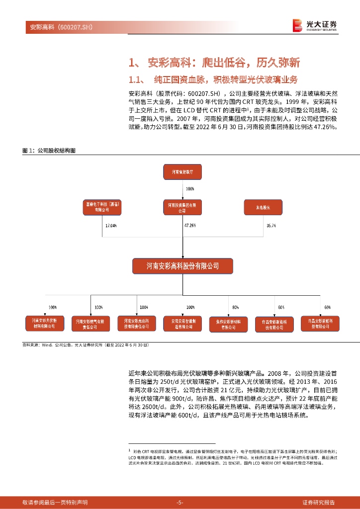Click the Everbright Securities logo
(x=315, y=25)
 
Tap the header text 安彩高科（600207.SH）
(x=59, y=27)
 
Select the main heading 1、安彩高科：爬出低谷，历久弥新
(x=214, y=63)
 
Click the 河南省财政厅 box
(x=183, y=171)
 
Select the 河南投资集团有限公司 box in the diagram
(x=183, y=207)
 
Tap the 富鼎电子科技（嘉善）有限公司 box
(x=102, y=207)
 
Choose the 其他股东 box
(x=263, y=207)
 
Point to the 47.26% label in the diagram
(x=190, y=226)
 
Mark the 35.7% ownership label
(x=271, y=226)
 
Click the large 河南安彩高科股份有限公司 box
(x=182, y=266)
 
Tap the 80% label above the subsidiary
(x=235, y=307)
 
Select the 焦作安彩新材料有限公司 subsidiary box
(x=228, y=325)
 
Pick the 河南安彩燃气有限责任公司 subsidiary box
(x=90, y=325)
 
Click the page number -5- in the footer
(x=180, y=503)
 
